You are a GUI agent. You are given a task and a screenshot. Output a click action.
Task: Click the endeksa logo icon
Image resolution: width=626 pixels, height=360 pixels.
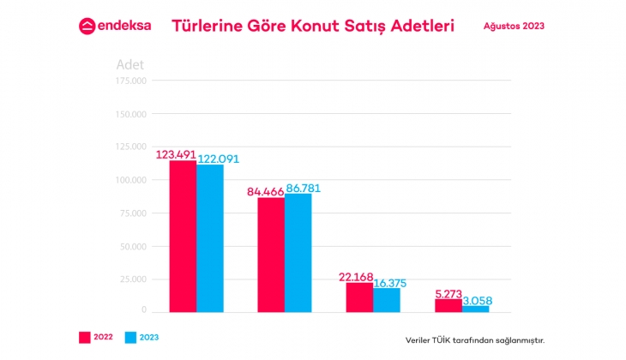[87, 26]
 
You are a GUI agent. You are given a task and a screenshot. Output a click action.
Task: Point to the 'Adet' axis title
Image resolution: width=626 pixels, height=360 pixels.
[130, 64]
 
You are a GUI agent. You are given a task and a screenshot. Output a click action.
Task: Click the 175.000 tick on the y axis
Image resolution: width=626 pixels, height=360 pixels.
[131, 81]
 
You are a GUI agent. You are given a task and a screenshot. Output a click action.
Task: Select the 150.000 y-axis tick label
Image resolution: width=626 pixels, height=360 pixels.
[131, 114]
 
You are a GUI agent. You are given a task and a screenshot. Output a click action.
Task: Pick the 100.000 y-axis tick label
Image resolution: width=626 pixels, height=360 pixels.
[131, 180]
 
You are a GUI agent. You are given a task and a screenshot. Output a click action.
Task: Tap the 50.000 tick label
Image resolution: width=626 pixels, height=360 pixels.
[133, 246]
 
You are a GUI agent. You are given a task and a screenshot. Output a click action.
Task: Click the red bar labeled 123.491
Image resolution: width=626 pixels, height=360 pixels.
[183, 236]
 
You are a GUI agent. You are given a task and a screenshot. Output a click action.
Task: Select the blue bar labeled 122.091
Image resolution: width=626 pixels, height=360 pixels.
[210, 237]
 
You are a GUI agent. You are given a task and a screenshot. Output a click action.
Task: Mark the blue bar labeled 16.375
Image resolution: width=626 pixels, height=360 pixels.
[387, 299]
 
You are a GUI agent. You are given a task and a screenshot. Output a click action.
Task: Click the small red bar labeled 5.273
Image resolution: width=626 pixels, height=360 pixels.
[448, 305]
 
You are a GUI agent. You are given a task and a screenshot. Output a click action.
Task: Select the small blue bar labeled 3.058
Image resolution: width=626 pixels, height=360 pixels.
[475, 308]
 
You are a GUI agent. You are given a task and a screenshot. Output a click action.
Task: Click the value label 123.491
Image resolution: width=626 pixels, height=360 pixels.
[176, 155]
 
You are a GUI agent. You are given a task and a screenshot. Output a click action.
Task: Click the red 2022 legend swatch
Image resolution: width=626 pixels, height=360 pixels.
[85, 338]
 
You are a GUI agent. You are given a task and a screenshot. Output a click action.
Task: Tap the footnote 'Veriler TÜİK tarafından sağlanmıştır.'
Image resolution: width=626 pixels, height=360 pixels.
[474, 339]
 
